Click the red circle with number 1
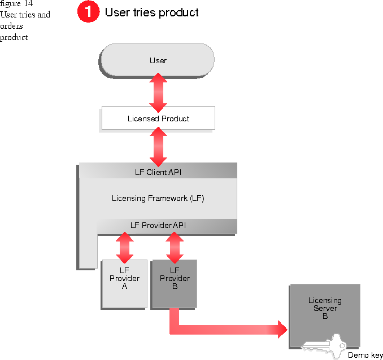(x=89, y=12)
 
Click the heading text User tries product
(x=152, y=12)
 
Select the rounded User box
(x=158, y=60)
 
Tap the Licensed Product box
(x=158, y=118)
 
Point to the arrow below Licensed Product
(x=159, y=147)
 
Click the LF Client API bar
(x=158, y=172)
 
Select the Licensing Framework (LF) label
(x=158, y=198)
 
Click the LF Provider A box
(x=124, y=283)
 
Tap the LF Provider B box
(x=175, y=283)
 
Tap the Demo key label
(x=365, y=355)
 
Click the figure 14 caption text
(x=17, y=4)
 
